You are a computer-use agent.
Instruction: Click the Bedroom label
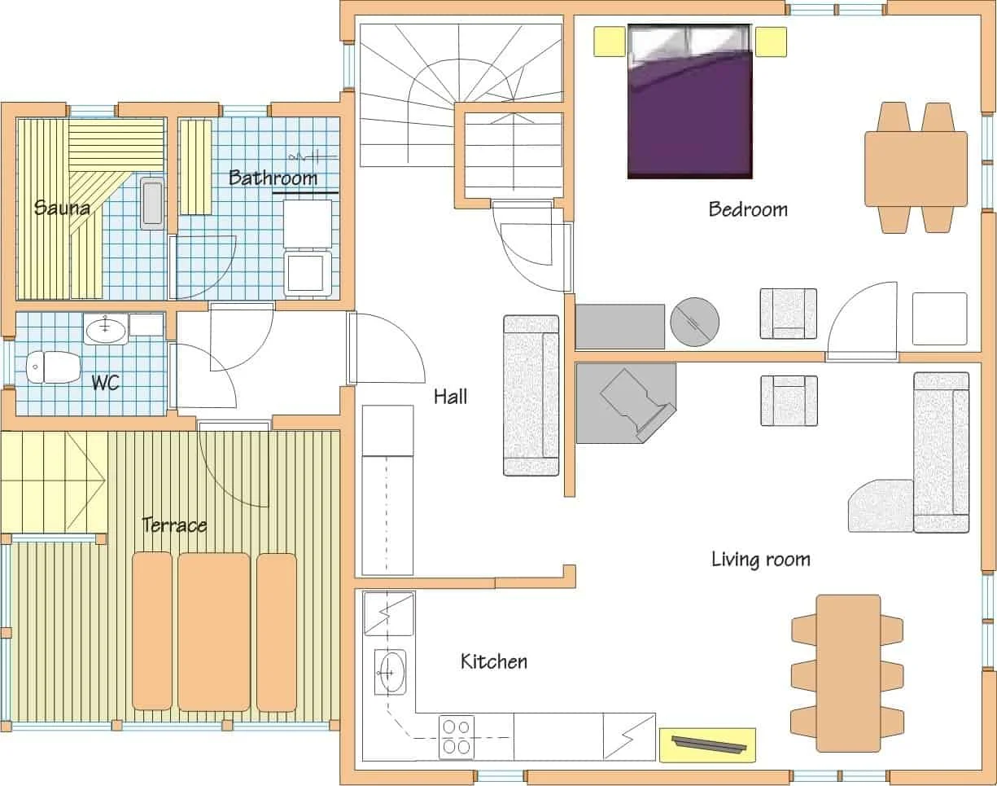(x=748, y=209)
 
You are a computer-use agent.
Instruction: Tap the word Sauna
(x=62, y=208)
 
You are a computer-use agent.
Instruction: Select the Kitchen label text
(x=494, y=661)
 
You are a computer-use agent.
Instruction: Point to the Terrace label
(x=174, y=525)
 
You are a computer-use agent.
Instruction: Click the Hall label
(x=450, y=397)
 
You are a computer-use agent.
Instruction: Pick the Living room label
(x=761, y=560)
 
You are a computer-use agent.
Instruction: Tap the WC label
(x=106, y=383)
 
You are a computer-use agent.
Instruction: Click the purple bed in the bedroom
(x=690, y=101)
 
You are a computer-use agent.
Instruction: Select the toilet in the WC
(x=53, y=367)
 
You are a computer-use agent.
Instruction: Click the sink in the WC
(x=106, y=329)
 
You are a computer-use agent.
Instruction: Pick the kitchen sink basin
(x=390, y=672)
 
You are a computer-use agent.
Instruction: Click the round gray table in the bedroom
(x=694, y=322)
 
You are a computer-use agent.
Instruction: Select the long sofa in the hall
(x=531, y=396)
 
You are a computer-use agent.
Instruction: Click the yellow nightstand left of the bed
(x=610, y=42)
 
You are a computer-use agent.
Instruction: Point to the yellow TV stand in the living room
(x=707, y=745)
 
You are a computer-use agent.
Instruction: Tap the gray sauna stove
(x=152, y=203)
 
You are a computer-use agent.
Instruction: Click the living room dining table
(x=848, y=674)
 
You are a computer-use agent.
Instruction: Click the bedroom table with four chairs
(x=916, y=169)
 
